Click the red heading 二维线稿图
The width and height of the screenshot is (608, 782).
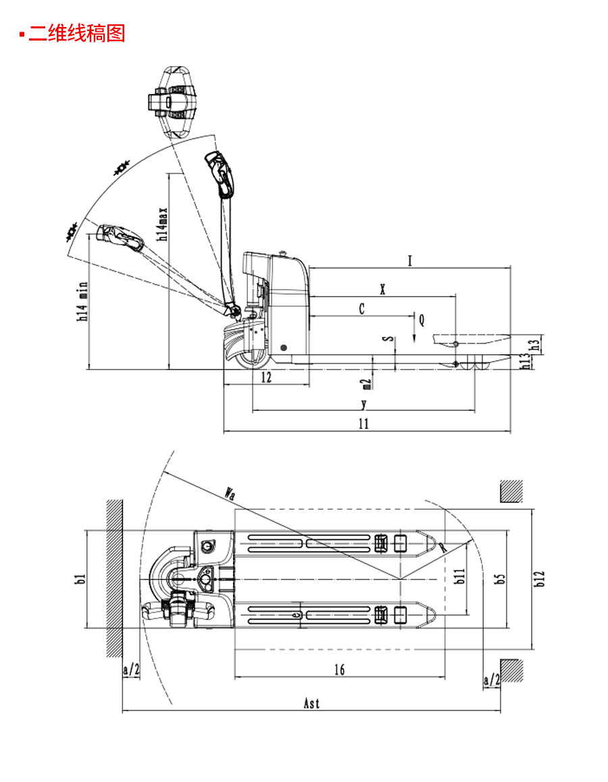pos(77,33)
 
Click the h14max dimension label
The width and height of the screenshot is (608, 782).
pos(163,224)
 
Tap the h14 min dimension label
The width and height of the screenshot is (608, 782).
pos(82,301)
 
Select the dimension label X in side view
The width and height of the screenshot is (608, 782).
pos(383,289)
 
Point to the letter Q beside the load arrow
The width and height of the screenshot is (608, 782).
pos(422,320)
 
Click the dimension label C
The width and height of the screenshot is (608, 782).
pos(362,309)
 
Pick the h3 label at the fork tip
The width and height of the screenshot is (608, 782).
pos(535,345)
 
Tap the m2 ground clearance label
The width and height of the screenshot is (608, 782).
pos(366,383)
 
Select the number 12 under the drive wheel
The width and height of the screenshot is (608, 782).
pos(267,377)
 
